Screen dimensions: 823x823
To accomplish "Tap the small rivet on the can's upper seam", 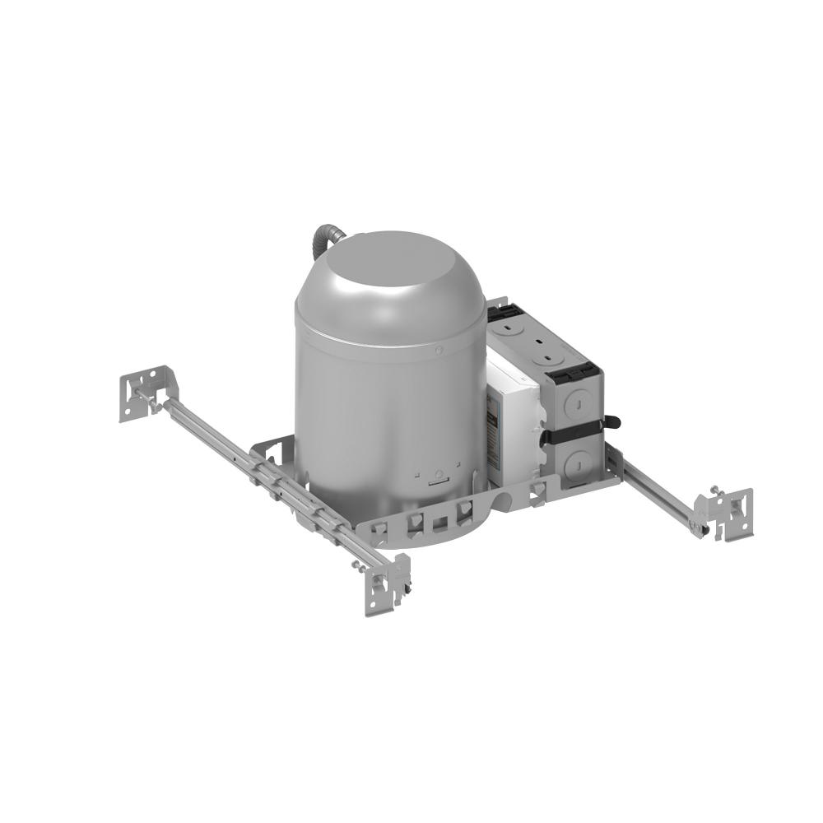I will pyautogui.click(x=440, y=351).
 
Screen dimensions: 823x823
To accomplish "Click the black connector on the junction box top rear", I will pyautogui.click(x=503, y=311).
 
